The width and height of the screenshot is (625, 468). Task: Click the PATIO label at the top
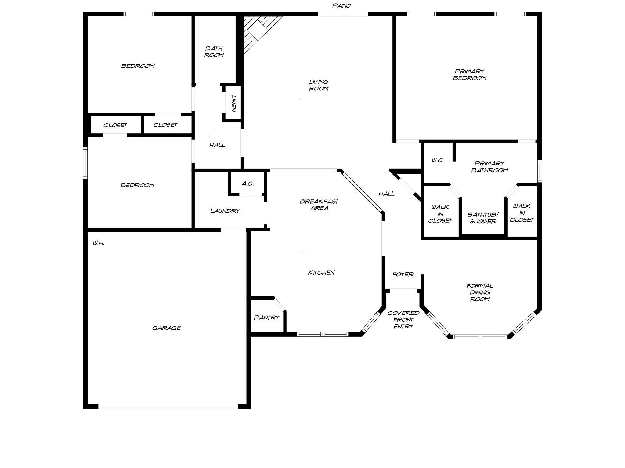341,5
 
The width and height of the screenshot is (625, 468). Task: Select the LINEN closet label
233,104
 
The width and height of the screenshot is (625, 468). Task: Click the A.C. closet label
247,184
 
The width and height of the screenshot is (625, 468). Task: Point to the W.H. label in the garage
99,243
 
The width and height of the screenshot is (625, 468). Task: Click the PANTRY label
267,317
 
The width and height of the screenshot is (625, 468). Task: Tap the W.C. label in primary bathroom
437,161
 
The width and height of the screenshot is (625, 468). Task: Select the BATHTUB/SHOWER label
483,218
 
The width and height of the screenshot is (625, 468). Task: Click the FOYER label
403,274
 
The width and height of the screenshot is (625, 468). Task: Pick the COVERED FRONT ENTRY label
403,320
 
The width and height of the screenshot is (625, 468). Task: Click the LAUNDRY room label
225,211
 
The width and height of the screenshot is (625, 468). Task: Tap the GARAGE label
166,328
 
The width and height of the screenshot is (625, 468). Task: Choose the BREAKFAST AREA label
319,205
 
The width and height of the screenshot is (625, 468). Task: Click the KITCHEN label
321,272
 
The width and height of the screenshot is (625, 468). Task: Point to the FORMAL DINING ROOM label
480,292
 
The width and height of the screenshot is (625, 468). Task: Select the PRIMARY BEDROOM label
469,75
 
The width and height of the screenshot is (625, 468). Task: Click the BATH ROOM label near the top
214,51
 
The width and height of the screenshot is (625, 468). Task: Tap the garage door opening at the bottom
168,406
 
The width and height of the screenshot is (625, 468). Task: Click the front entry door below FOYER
403,291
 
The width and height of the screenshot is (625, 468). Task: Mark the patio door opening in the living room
343,14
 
